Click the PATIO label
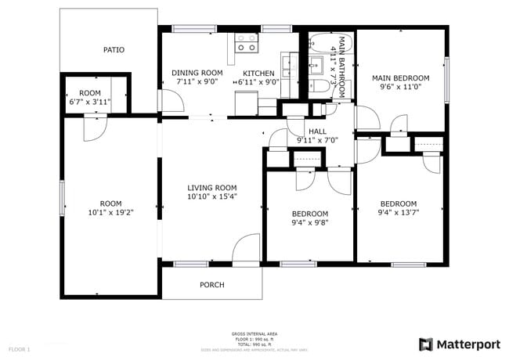[x=114, y=50]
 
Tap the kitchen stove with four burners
[x=247, y=42]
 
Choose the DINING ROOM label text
[x=197, y=73]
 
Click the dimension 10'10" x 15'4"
[x=211, y=197]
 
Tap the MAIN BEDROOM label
[x=400, y=78]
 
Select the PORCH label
[x=211, y=285]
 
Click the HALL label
[x=317, y=131]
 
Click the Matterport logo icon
[x=425, y=344]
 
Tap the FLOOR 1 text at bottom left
[x=19, y=348]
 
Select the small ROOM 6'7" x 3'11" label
[x=90, y=97]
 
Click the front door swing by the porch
[x=247, y=248]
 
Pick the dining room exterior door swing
[x=170, y=100]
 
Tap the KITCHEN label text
[x=258, y=73]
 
